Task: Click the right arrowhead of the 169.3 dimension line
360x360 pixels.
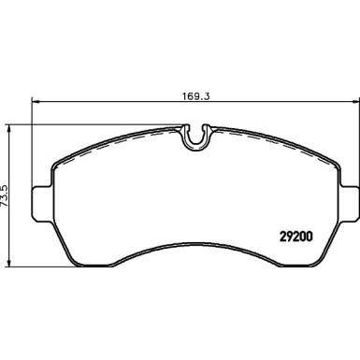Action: tap(350, 102)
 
